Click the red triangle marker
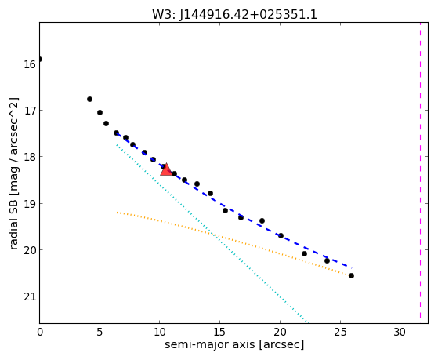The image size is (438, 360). click(166, 170)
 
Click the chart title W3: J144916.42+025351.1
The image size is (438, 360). click(234, 15)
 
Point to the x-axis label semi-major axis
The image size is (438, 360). click(209, 344)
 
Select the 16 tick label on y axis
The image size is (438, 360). click(29, 64)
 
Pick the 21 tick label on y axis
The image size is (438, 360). click(29, 296)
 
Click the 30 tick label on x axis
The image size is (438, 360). click(400, 332)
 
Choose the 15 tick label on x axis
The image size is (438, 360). click(219, 332)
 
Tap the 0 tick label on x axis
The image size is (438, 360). click(40, 332)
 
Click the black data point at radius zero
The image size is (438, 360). click(40, 59)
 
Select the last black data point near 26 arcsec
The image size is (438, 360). click(351, 276)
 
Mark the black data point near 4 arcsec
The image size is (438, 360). click(89, 100)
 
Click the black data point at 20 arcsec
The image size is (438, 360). click(281, 236)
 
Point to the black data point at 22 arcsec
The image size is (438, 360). click(304, 253)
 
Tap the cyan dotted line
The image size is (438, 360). click(212, 233)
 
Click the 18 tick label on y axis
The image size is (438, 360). click(29, 157)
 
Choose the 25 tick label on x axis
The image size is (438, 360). click(340, 332)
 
